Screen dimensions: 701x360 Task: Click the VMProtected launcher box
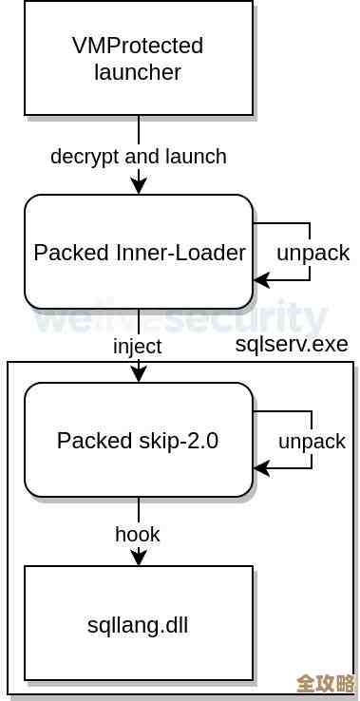139,58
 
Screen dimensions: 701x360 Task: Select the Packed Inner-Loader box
139,253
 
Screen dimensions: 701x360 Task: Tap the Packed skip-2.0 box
139,440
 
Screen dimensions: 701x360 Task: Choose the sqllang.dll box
139,623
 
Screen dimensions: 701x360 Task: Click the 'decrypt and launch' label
139,156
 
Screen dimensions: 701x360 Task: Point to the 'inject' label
138,346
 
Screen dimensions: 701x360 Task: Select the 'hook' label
138,534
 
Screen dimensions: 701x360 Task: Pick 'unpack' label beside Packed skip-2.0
312,441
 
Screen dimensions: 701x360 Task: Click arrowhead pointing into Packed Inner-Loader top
139,187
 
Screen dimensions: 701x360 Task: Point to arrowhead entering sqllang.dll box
139,559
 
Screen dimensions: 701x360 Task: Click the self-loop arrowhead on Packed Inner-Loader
260,280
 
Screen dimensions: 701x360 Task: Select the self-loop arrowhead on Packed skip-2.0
260,468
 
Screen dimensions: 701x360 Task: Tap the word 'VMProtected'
138,46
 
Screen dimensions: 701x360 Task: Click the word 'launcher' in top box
138,71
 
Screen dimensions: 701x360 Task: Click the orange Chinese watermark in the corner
325,684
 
